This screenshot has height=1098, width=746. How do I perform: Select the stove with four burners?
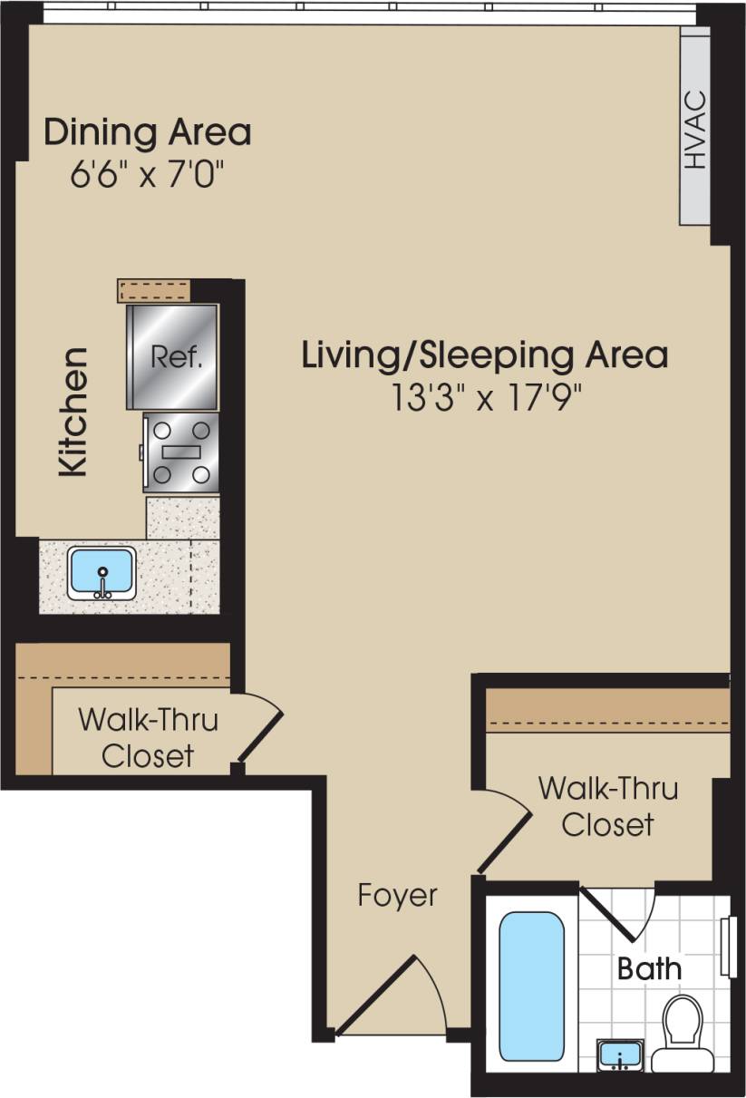[181, 452]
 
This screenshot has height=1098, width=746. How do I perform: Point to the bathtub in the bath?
[531, 986]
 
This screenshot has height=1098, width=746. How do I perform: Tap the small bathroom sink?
[620, 1054]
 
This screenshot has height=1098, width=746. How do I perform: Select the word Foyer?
[397, 896]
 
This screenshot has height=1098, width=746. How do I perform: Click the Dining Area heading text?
[148, 132]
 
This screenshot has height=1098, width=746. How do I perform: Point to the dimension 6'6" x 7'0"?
[147, 174]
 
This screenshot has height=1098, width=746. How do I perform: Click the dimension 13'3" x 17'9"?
[485, 398]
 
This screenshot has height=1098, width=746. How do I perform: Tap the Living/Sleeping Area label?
[485, 355]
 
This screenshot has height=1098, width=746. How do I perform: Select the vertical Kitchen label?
[73, 412]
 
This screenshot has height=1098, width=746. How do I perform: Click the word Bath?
[649, 967]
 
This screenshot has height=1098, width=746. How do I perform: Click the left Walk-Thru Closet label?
[147, 738]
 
